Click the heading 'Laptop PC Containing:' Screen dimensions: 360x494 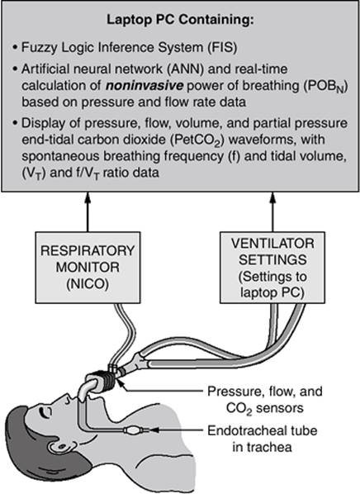click(x=180, y=20)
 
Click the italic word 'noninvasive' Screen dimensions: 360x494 click(x=144, y=86)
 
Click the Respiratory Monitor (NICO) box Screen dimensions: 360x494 click(x=88, y=268)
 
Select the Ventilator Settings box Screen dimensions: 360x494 click(x=272, y=268)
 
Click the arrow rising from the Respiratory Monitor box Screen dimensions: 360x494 click(x=88, y=211)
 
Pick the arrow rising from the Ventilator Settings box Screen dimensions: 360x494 click(x=272, y=211)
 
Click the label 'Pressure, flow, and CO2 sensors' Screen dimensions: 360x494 click(x=265, y=400)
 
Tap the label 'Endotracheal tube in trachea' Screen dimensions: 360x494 click(x=262, y=439)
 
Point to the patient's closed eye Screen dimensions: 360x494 click(x=45, y=411)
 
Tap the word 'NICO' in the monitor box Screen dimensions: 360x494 click(x=88, y=284)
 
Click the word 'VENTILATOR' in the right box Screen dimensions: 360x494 click(x=272, y=243)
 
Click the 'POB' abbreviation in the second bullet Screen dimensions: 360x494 click(x=325, y=86)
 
